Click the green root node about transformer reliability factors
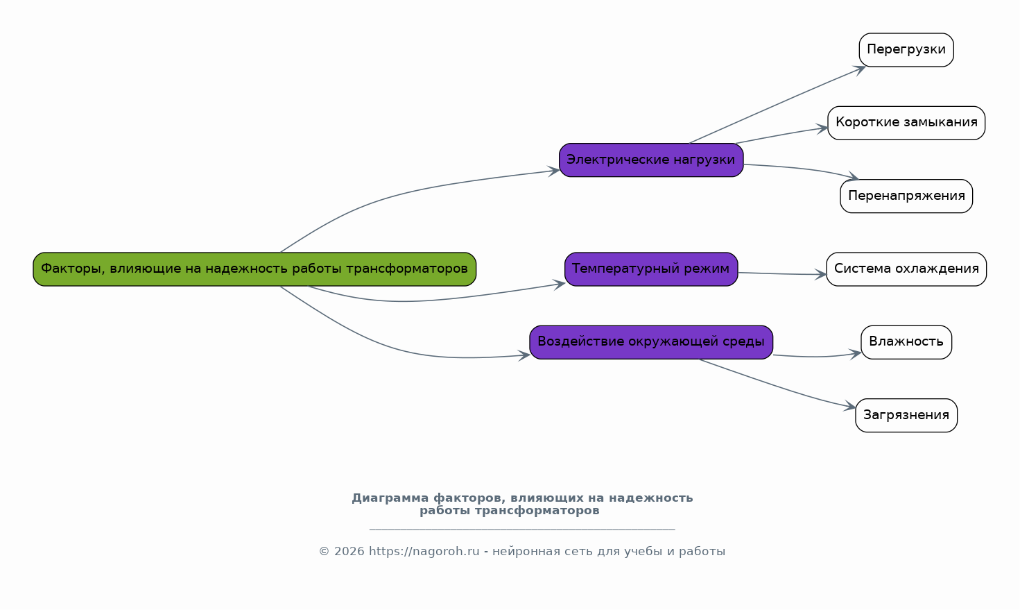pyautogui.click(x=254, y=269)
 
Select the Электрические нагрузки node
pyautogui.click(x=650, y=160)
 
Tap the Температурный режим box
pyautogui.click(x=650, y=269)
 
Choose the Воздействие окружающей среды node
pyautogui.click(x=650, y=342)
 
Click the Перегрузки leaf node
pyautogui.click(x=906, y=50)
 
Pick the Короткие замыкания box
pyautogui.click(x=906, y=123)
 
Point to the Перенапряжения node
pyautogui.click(x=906, y=196)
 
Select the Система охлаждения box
pyautogui.click(x=906, y=269)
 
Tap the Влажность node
pyautogui.click(x=906, y=342)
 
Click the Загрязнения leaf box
pyautogui.click(x=906, y=416)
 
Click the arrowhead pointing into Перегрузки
pyautogui.click(x=861, y=68)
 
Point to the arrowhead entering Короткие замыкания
pyautogui.click(x=823, y=128)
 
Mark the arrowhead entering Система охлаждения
pyautogui.click(x=822, y=275)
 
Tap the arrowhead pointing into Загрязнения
pyautogui.click(x=851, y=407)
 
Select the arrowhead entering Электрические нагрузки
pyautogui.click(x=555, y=171)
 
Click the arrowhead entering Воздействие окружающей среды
pyautogui.click(x=525, y=355)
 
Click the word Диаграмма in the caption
pyautogui.click(x=390, y=498)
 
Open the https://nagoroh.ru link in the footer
pyautogui.click(x=424, y=552)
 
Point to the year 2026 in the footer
pyautogui.click(x=349, y=552)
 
